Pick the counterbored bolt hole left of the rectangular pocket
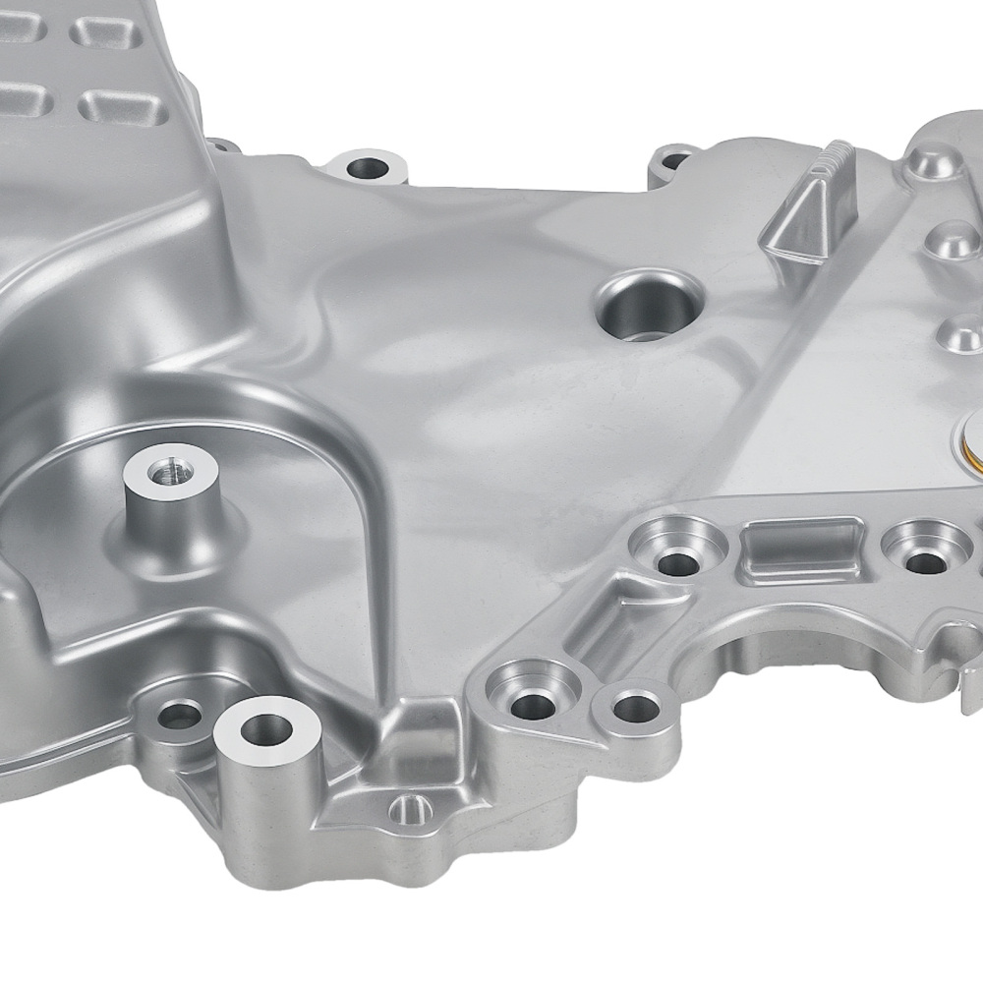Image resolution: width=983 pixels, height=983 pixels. coord(677,557)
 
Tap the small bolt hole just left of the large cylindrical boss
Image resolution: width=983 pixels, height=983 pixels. coord(179,716)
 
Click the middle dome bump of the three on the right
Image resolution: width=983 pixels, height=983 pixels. coord(947,239)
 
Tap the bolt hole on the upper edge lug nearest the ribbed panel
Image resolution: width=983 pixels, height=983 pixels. coord(370,167)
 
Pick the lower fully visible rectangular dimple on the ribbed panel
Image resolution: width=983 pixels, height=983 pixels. coord(112,105)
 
